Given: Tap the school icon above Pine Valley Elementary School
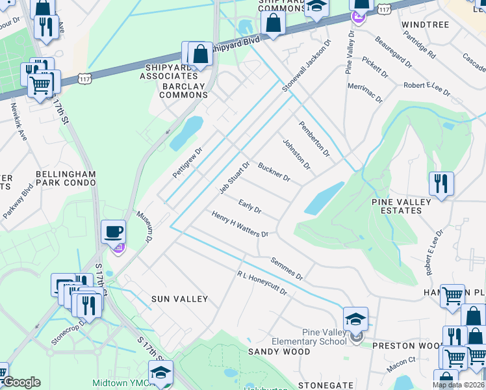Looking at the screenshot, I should point(355,319).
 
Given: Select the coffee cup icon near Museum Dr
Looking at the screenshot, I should point(114,232).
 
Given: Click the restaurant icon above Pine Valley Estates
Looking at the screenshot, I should point(441,183).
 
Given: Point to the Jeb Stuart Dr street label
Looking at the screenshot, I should point(234,177).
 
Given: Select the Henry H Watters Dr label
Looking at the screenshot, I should point(240,224).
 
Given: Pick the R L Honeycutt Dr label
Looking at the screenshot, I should point(262,284).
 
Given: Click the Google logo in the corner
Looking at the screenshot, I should point(21,382).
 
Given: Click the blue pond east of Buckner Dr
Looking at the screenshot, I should point(324,198).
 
